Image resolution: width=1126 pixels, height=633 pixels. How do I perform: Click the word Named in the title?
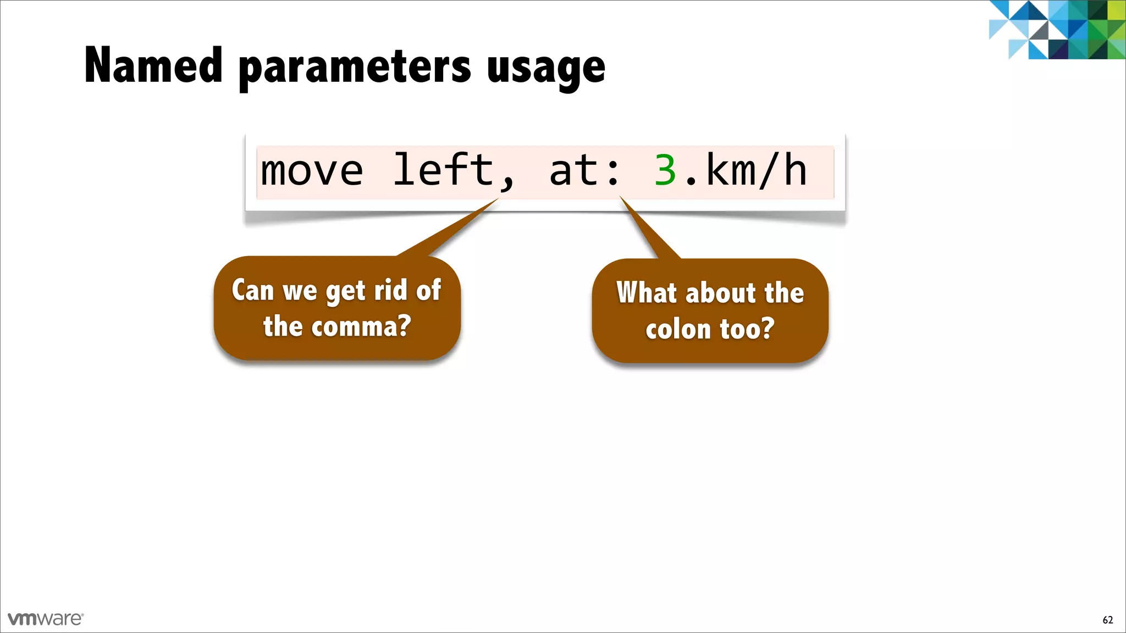(x=153, y=66)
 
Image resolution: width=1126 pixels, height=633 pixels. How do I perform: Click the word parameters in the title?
(x=355, y=69)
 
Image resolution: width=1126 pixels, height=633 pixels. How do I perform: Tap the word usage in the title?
(x=545, y=69)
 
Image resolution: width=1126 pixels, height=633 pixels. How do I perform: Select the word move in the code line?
(x=312, y=171)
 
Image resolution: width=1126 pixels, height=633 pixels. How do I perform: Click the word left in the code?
(x=443, y=170)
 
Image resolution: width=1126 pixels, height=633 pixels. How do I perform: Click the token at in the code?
(x=573, y=171)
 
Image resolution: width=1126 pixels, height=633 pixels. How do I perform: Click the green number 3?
(x=665, y=171)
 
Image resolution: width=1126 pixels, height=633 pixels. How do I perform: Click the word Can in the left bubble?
(x=252, y=290)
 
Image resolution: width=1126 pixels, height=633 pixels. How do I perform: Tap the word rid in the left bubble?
(x=390, y=290)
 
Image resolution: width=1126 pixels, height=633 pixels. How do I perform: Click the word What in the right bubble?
(x=646, y=292)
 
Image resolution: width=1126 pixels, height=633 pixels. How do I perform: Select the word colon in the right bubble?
(x=678, y=330)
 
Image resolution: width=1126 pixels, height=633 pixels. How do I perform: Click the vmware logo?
(x=46, y=619)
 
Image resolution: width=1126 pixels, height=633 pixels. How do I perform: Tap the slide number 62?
(x=1107, y=620)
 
